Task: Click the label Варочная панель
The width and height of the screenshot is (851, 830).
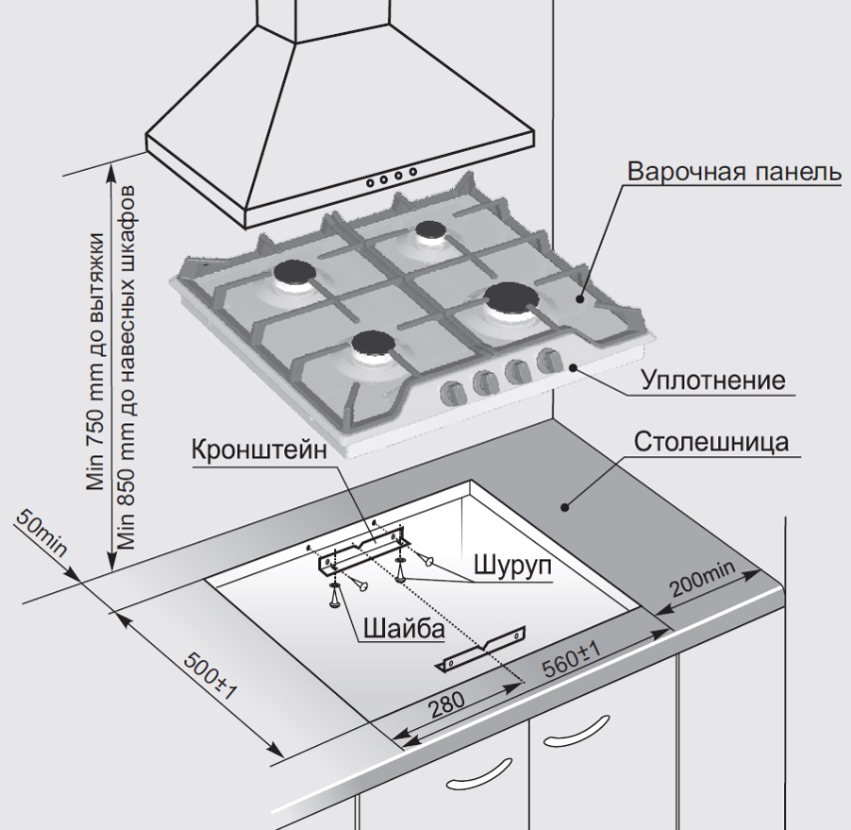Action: click(x=726, y=170)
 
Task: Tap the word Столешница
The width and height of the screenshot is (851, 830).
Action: click(x=715, y=442)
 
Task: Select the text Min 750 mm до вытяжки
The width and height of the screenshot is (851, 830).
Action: click(x=95, y=360)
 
